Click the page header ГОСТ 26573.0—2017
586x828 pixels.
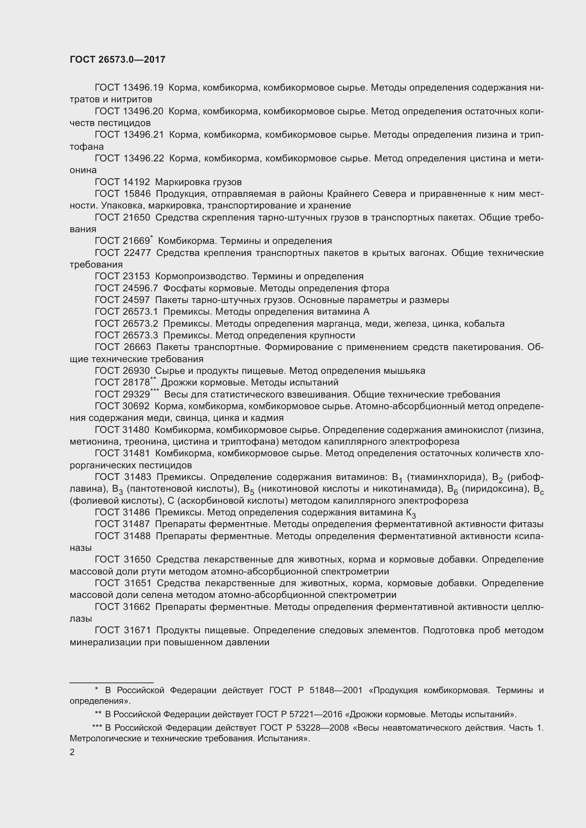(x=117, y=59)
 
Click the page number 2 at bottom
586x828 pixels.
(x=72, y=752)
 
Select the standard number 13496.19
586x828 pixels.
(x=143, y=88)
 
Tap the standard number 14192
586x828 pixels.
(x=136, y=182)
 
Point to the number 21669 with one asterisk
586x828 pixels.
(x=136, y=241)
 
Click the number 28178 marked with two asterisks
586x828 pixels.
(x=136, y=383)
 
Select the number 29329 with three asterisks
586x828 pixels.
(x=136, y=394)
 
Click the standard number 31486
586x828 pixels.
(x=136, y=513)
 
